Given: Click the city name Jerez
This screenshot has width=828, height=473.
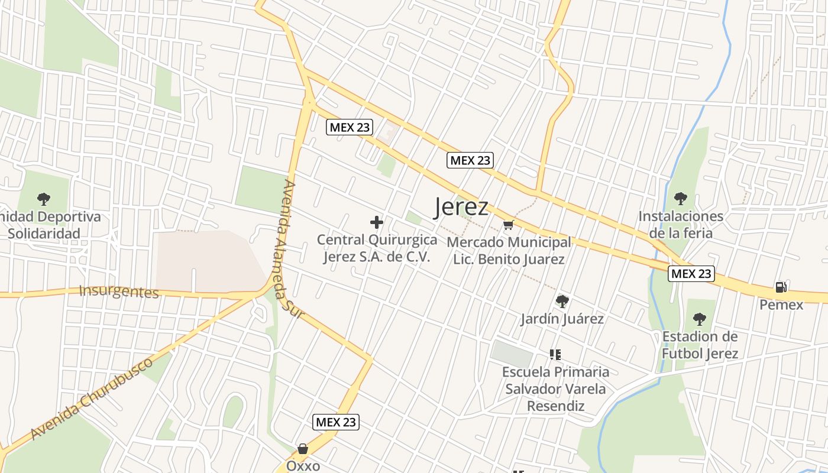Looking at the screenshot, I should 461,207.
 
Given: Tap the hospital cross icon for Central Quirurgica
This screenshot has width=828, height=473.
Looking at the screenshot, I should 377,222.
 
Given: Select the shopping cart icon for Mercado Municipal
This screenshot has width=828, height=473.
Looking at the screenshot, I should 508,225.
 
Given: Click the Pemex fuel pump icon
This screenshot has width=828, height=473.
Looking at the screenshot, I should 781,287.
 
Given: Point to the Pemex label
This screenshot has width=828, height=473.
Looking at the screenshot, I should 781,305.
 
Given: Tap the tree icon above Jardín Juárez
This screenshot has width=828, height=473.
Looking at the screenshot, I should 562,302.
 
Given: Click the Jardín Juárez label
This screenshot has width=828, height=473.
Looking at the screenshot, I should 562,319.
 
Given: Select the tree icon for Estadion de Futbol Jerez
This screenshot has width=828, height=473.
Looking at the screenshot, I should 699,319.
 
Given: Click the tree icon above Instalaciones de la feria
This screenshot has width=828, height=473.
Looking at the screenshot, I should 680,198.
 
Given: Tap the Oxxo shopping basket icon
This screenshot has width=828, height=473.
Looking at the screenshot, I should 303,449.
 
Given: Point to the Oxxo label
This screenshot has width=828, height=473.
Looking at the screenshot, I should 303,466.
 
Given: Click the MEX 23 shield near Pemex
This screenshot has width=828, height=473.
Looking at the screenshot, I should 691,274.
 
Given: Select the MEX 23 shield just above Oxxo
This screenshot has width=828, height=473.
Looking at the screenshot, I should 336,422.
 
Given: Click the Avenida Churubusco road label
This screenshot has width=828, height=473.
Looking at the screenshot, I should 92,399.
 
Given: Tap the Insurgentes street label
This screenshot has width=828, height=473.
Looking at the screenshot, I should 119,291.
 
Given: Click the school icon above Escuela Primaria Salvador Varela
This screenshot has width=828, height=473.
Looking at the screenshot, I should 555,355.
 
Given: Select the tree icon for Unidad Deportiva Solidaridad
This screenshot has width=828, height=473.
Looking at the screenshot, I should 43,199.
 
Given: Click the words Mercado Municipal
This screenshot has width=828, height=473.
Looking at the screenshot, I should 509,242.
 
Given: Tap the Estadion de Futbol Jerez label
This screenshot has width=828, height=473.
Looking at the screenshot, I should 700,345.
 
